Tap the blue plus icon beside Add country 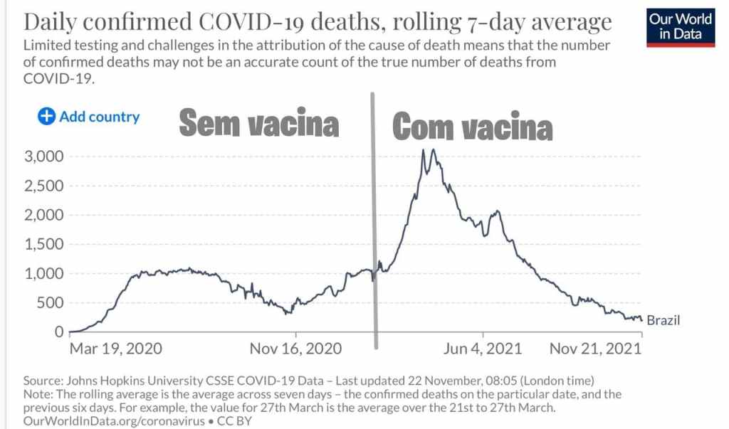pos(46,117)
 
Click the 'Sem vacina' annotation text pos(258,124)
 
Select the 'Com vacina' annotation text pos(473,127)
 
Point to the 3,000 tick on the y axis pos(44,157)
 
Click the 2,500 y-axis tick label pos(44,186)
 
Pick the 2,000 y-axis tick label pos(44,215)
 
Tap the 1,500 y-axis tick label pos(44,244)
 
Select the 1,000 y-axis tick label pos(44,273)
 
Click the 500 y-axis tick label pos(50,303)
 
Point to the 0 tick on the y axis pos(60,332)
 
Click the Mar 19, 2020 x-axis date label pos(115,349)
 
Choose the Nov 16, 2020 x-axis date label pos(295,349)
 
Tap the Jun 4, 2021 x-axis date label pos(483,349)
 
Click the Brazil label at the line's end pos(664,321)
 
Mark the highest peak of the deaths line pos(424,149)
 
